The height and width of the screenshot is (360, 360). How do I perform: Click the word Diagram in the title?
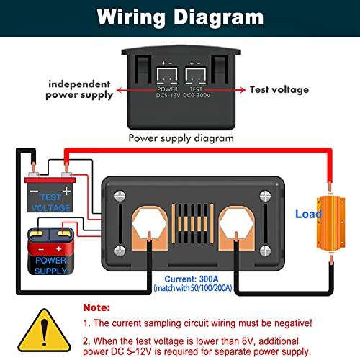218,17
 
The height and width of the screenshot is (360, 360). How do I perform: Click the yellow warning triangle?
44,330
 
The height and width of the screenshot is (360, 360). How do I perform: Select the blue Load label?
308,214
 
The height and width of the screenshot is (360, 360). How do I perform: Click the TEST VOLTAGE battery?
50,194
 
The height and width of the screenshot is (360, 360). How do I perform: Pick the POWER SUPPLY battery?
51,251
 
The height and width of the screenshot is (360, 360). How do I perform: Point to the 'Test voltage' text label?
279,89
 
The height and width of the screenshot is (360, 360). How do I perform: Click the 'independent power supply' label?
79,89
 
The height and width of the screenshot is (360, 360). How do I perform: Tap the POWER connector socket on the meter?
167,76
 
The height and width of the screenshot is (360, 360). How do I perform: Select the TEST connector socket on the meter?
196,76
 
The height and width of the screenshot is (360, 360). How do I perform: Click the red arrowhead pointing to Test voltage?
242,90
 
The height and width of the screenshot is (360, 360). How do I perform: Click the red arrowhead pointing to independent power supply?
120,91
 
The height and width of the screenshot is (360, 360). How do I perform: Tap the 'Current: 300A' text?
192,279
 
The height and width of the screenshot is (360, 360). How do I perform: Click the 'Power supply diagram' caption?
181,138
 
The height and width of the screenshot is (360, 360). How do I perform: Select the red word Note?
96,307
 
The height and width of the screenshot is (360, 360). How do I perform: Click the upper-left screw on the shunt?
120,196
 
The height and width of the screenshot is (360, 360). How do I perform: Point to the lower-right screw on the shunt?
265,251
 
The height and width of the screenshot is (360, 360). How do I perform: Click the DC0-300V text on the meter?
197,95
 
